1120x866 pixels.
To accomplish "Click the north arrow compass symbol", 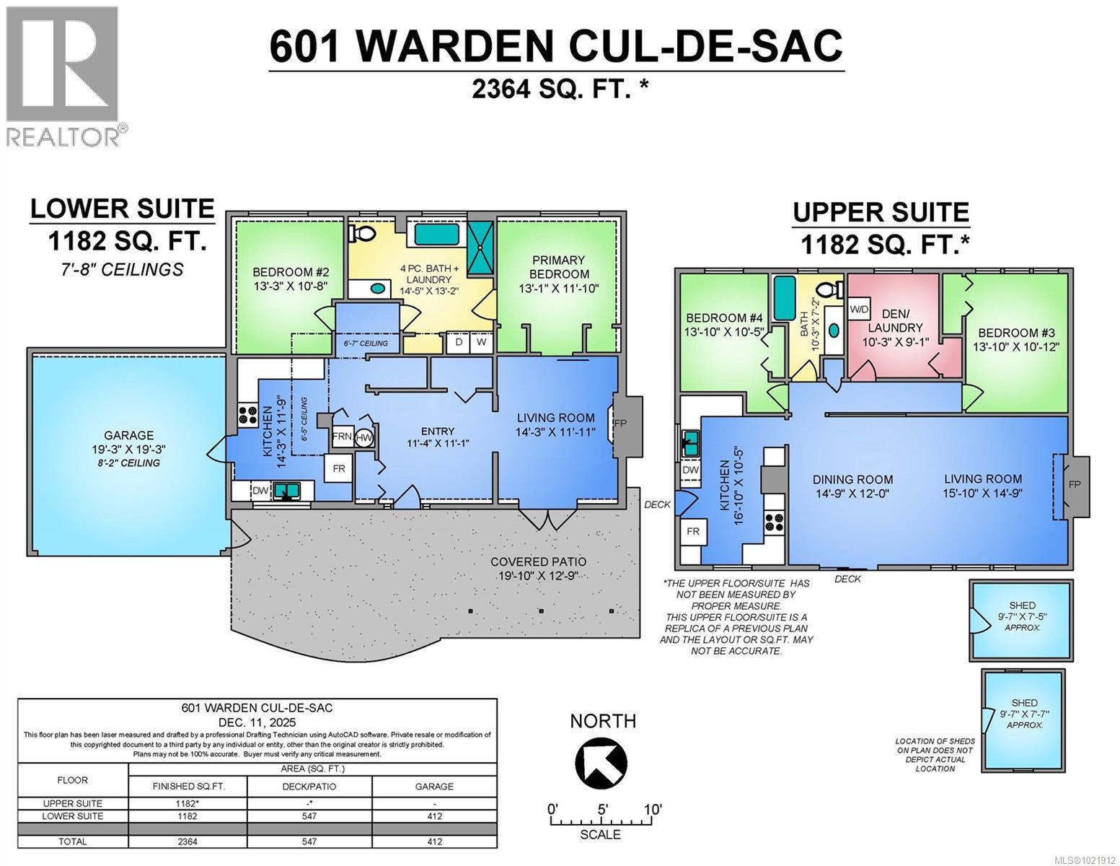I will pos(601,762).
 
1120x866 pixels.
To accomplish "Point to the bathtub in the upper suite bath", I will pos(784,298).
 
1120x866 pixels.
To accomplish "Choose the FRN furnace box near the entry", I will pos(342,437).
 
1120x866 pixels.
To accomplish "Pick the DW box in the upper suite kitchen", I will pos(690,470).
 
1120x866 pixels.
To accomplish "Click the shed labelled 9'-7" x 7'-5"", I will pos(1021,619).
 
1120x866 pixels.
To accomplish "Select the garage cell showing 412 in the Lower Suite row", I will pos(434,816).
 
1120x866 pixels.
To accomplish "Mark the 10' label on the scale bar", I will pos(653,809).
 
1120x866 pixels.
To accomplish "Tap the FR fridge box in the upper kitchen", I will pos(693,531).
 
